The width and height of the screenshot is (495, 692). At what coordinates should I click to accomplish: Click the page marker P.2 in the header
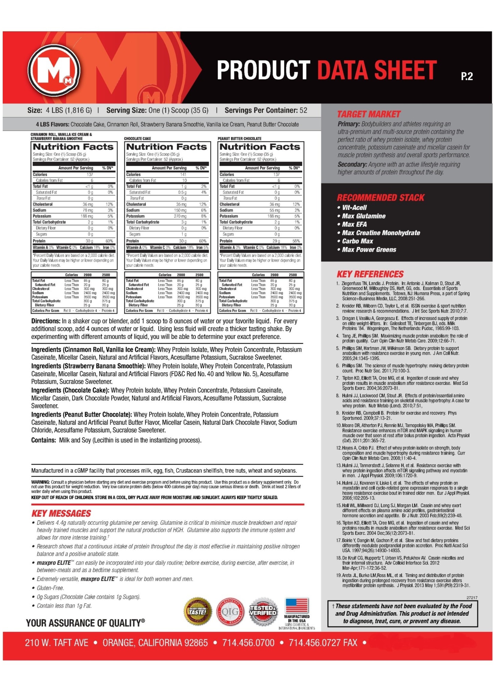point(466,76)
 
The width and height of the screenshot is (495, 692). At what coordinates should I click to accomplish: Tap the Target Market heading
point(368,114)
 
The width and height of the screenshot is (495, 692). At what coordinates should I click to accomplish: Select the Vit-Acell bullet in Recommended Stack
point(354,208)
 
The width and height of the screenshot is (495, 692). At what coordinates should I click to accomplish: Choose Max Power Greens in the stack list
point(369,250)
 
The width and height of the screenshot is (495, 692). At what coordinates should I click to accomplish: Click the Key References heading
point(370,274)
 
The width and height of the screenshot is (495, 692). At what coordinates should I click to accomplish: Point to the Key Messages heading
point(61,513)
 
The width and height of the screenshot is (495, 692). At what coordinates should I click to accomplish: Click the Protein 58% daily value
point(296,241)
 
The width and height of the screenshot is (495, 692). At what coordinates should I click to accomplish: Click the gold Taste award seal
point(197,611)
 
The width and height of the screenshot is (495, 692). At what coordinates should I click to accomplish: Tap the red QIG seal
point(230,611)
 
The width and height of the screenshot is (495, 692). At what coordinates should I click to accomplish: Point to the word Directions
point(46,321)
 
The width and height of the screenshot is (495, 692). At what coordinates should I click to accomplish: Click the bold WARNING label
point(40,482)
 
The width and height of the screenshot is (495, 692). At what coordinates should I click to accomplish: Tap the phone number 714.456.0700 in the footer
point(248,643)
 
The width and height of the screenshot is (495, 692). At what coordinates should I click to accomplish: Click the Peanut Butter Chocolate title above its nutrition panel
point(239,139)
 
